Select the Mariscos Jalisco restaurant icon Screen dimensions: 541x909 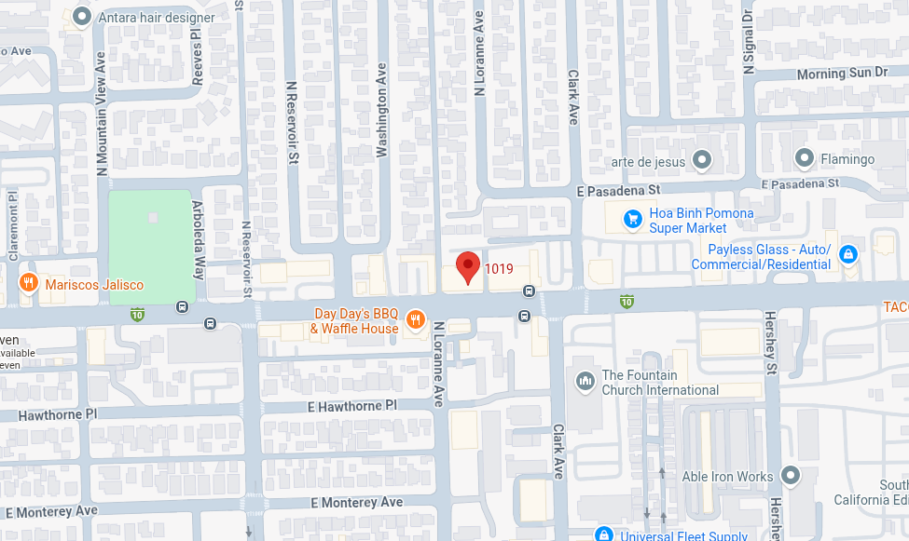[29, 282]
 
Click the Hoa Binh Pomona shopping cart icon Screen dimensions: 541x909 [633, 220]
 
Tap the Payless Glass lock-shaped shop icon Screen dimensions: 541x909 [847, 254]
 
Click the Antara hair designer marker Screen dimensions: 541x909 [82, 16]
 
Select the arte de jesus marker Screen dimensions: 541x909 [702, 161]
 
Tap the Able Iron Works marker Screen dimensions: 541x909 [791, 476]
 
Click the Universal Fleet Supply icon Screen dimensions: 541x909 [603, 534]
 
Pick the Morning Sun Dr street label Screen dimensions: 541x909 [843, 74]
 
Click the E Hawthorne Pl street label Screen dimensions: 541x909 [351, 406]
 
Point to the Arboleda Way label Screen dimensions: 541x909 [198, 240]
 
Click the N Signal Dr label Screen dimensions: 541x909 [748, 42]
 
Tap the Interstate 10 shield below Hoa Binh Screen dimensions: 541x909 [627, 301]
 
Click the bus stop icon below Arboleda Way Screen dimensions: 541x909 [210, 323]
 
